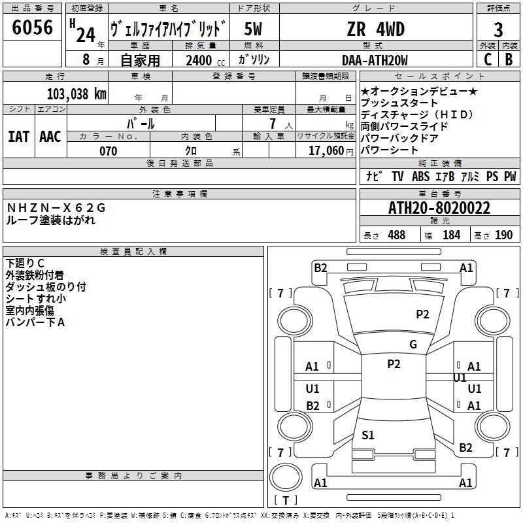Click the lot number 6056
[x=33, y=27]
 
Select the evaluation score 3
[x=498, y=29]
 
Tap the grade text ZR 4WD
[x=375, y=29]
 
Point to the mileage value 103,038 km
[x=76, y=94]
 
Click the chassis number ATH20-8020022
[x=439, y=209]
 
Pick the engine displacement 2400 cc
[x=200, y=60]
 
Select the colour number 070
[x=108, y=151]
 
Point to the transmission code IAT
[x=18, y=136]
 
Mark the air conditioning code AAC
[x=50, y=136]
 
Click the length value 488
[x=396, y=235]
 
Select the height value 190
[x=503, y=235]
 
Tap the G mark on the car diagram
[x=413, y=345]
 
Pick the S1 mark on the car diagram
[x=368, y=435]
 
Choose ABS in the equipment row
[x=420, y=177]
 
